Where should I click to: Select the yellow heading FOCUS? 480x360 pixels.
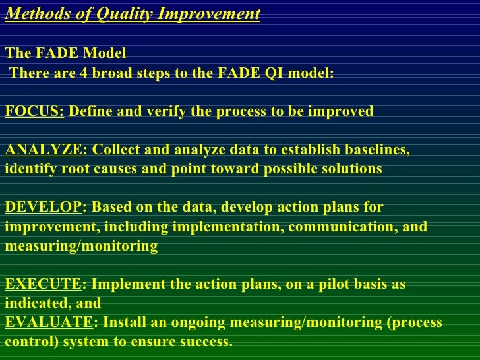(x=34, y=111)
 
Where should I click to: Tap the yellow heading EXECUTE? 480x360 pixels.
(x=42, y=285)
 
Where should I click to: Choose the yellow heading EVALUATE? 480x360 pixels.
(x=49, y=323)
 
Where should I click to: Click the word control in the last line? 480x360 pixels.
(x=26, y=342)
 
